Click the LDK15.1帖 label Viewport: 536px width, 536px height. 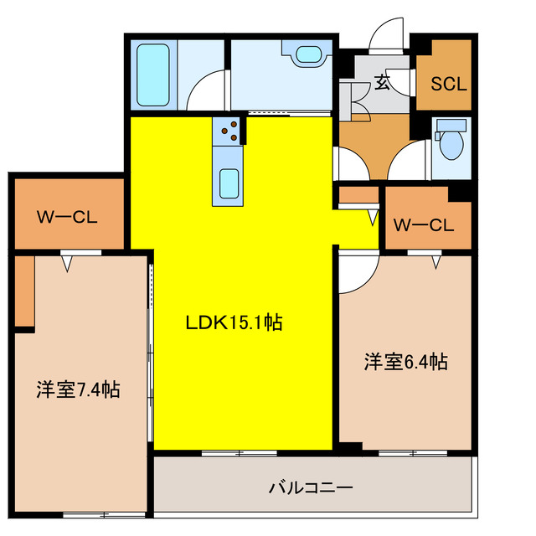(234, 322)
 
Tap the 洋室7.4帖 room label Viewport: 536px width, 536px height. (77, 389)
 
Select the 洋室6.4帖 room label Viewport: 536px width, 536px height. (405, 362)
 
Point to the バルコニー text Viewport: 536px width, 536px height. (311, 487)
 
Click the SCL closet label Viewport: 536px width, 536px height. (448, 84)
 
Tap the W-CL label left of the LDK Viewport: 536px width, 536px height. (67, 218)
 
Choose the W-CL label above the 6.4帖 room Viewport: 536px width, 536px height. (423, 224)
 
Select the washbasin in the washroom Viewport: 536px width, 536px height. (307, 55)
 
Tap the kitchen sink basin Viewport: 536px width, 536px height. (229, 182)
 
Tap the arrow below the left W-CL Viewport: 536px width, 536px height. (69, 262)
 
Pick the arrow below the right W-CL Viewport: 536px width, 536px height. (435, 262)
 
